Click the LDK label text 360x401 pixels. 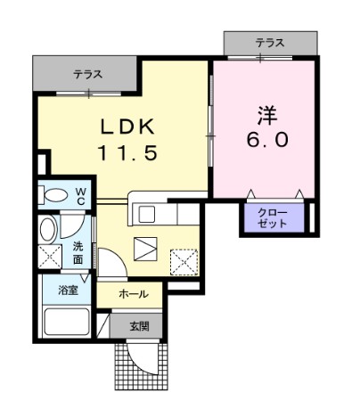point(127,127)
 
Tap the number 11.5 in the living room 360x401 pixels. point(127,153)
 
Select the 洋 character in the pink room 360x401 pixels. point(267,115)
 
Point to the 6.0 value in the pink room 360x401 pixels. point(267,140)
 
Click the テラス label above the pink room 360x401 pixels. point(270,43)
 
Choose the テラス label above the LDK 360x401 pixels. point(88,74)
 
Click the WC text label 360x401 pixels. point(80,195)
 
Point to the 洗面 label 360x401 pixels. point(78,253)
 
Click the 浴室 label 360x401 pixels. point(68,291)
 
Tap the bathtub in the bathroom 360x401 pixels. point(67,322)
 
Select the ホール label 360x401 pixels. point(134,294)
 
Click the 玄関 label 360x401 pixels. point(139,326)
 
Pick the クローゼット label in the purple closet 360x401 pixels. point(272,218)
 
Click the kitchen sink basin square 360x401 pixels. point(147,214)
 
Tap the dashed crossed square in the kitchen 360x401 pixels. point(184,263)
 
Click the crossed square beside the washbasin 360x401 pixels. point(50,257)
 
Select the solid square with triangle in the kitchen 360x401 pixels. point(145,250)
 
